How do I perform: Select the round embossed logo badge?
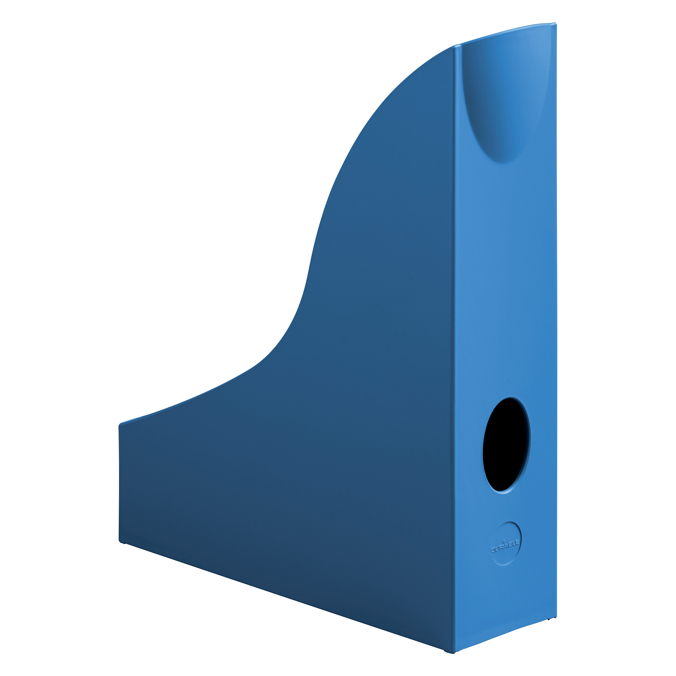[506, 544]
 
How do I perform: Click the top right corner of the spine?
[556, 23]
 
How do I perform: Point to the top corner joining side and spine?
[455, 46]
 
